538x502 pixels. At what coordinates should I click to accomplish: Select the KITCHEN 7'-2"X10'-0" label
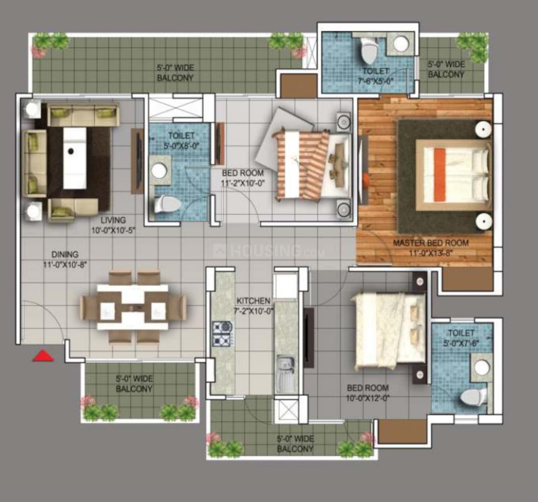pyautogui.click(x=253, y=305)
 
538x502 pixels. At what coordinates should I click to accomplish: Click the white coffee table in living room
pyautogui.click(x=74, y=157)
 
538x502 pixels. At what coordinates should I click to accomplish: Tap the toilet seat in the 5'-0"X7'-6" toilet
pyautogui.click(x=475, y=398)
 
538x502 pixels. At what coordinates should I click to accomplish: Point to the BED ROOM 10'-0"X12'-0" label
pyautogui.click(x=367, y=392)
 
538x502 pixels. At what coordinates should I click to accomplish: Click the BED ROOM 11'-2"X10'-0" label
pyautogui.click(x=243, y=177)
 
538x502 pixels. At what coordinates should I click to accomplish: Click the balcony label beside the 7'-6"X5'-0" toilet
pyautogui.click(x=446, y=69)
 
